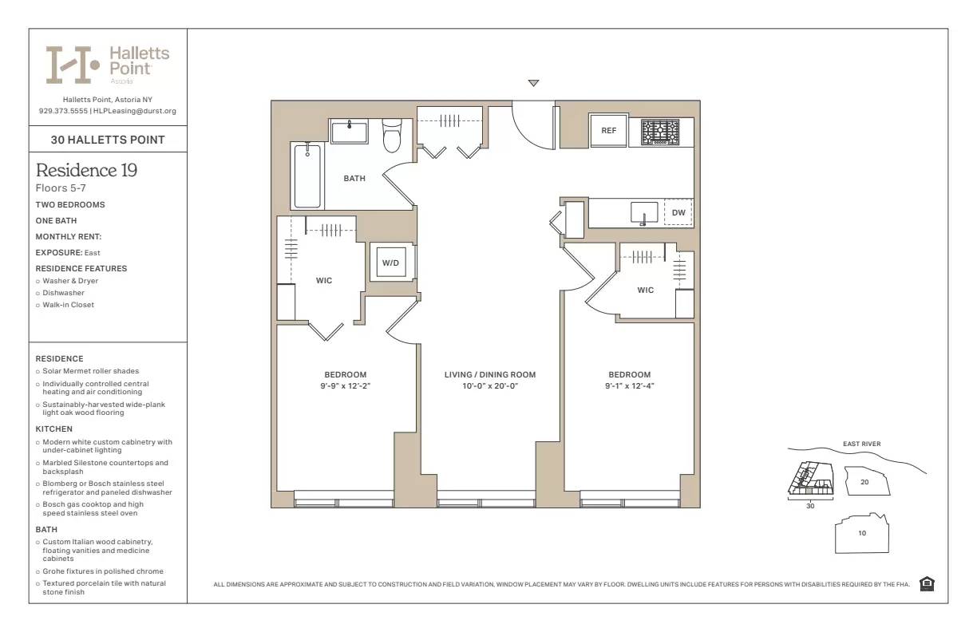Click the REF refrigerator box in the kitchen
coord(608,131)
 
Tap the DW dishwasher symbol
coord(678,213)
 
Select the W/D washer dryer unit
coord(390,263)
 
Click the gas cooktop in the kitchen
coord(660,131)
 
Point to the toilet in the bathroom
coord(392,136)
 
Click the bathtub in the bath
coord(307,176)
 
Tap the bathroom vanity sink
coord(350,131)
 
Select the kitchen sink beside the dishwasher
coord(643,213)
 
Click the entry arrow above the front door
coord(534,83)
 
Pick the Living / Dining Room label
coord(490,375)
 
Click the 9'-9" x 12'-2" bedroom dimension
coord(345,386)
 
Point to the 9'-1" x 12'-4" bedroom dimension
coord(629,386)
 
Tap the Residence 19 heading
coord(86,170)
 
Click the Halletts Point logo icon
coord(73,65)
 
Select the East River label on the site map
coord(861,444)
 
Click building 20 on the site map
coord(864,482)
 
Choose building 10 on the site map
coord(862,533)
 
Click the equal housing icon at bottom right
coord(927,584)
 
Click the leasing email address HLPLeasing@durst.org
coord(135,111)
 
